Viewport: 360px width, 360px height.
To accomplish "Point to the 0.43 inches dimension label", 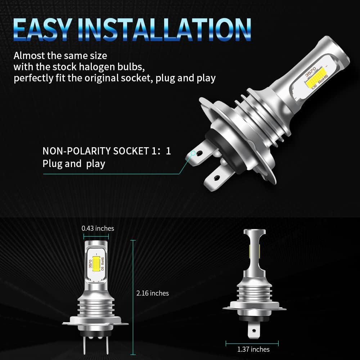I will pos(98,228).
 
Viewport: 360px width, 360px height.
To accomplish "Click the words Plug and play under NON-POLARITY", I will pos(74,164).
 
